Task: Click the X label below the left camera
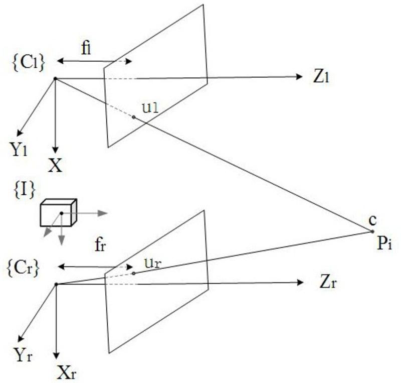(55, 165)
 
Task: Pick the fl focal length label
(86, 49)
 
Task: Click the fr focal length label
(100, 245)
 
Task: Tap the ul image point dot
(134, 117)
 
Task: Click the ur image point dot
(133, 274)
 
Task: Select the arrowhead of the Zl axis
(300, 76)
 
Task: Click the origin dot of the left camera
(55, 78)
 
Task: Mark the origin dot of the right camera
(56, 284)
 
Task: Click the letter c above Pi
(371, 220)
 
